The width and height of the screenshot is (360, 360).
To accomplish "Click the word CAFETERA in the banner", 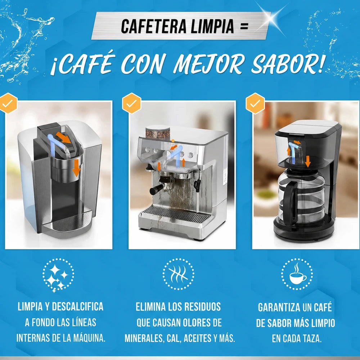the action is (154, 26).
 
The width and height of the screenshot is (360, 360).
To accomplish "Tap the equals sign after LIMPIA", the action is (244, 26).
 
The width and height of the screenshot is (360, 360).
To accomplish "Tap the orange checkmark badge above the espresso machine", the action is (131, 103).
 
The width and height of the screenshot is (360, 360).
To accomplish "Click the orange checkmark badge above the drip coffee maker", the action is (255, 103).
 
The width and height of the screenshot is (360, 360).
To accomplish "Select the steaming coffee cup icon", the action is (297, 274).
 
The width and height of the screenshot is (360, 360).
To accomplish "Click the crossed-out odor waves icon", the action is (179, 274).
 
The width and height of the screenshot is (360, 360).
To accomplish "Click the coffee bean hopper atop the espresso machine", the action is (158, 132).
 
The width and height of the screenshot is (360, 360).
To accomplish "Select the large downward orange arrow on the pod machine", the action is (76, 168).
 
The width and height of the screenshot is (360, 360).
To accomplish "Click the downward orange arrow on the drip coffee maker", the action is (308, 161).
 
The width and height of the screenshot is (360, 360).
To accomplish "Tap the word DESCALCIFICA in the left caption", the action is (78, 307).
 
